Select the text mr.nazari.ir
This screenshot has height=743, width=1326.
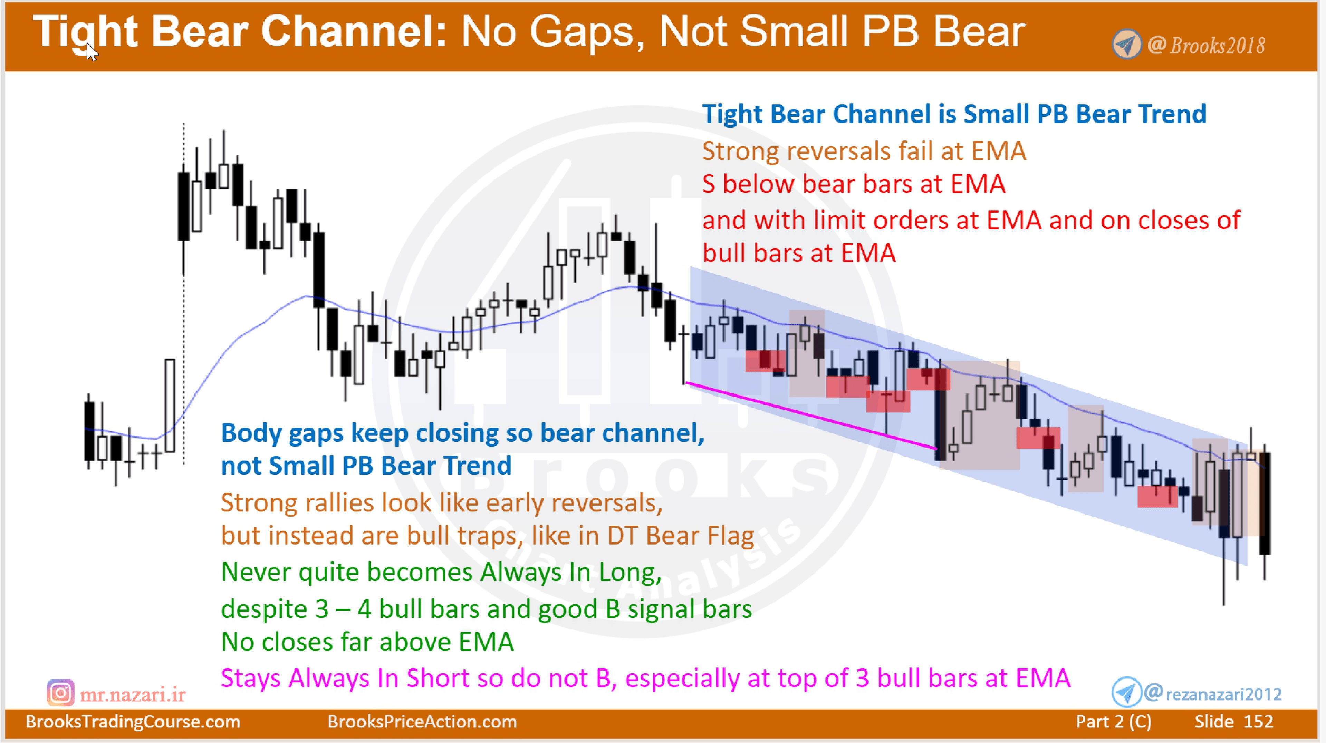click(x=133, y=695)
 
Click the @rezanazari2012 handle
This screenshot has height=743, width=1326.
click(x=1214, y=694)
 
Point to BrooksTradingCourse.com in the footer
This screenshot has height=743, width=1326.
click(x=133, y=721)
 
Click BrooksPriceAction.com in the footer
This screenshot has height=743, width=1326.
click(x=422, y=721)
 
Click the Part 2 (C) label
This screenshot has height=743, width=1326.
click(x=1113, y=721)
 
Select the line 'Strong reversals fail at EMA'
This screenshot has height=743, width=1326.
click(x=864, y=151)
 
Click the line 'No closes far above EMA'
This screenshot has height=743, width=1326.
click(x=367, y=642)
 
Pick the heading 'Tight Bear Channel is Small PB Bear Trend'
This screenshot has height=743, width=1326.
click(x=954, y=114)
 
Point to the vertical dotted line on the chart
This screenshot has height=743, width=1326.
click(x=184, y=309)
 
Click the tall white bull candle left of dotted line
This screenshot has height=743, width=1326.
click(x=170, y=405)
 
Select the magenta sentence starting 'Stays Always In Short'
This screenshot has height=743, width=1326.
click(x=645, y=678)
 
